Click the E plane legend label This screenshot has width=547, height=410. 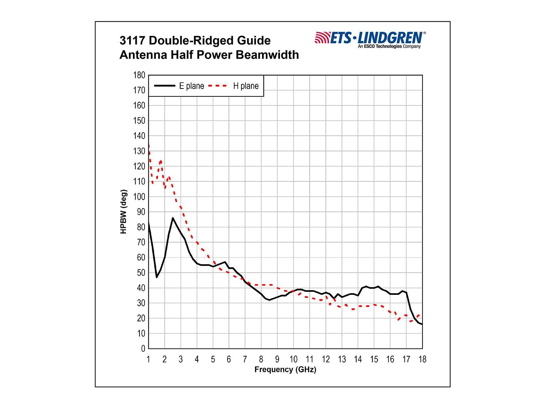[x=191, y=86]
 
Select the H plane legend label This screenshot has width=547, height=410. [x=246, y=86]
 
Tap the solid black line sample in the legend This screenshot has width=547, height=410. [x=164, y=86]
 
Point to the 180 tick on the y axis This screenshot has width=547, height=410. [x=139, y=75]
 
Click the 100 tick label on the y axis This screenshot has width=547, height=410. [x=139, y=197]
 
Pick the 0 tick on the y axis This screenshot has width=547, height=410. [x=143, y=348]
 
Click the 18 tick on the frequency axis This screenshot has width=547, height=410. [x=422, y=359]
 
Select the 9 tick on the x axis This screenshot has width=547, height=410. [x=277, y=359]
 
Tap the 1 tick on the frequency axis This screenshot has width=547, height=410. [x=148, y=359]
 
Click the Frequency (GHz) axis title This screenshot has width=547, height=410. [x=285, y=369]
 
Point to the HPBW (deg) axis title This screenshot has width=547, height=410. [x=123, y=211]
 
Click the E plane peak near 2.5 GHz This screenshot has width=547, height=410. [x=173, y=218]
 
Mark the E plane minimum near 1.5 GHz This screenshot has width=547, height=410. [x=157, y=277]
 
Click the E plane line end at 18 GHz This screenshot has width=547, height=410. [x=422, y=324]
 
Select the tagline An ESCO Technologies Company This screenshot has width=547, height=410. [x=389, y=46]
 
